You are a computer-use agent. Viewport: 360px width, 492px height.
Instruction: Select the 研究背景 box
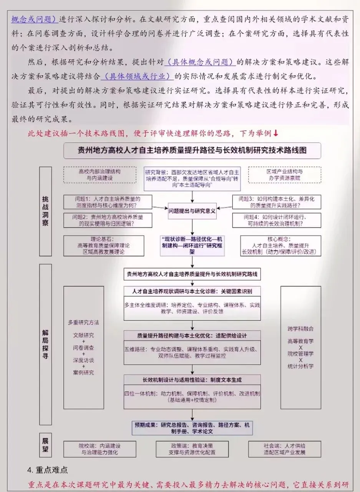coord(192,179)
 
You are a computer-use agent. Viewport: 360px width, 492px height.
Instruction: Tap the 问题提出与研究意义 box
coord(192,211)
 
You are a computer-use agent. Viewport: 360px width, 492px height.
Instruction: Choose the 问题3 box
coord(277,202)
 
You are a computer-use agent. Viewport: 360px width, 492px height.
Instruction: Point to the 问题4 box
coord(277,221)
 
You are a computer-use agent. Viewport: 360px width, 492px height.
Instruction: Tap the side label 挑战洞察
coord(45,211)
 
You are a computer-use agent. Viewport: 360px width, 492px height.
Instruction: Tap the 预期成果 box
coord(192,427)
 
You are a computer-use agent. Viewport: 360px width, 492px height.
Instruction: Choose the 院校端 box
coord(100,449)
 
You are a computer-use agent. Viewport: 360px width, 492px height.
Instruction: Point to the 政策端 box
coord(192,449)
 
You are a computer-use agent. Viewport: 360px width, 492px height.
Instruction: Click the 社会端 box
coord(284,449)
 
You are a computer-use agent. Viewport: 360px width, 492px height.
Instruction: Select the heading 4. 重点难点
coord(48,470)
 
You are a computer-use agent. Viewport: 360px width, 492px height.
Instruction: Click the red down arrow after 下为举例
coord(275,133)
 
